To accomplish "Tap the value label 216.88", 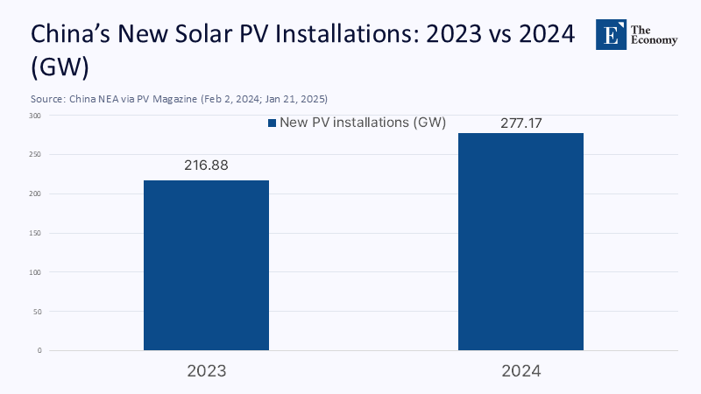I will (x=206, y=165).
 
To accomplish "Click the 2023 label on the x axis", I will (x=206, y=370).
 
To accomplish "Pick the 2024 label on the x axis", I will (x=520, y=370).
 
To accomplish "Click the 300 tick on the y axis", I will (x=33, y=116).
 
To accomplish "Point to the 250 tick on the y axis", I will (x=33, y=155).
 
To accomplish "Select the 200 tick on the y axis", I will (x=33, y=194).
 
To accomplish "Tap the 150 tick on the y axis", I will (x=33, y=234).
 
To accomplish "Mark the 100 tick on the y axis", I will (x=33, y=272).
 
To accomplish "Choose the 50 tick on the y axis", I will (x=35, y=312).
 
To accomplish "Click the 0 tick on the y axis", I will (x=38, y=351).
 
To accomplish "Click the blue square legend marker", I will (x=272, y=123).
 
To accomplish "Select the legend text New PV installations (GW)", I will (x=363, y=123).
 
